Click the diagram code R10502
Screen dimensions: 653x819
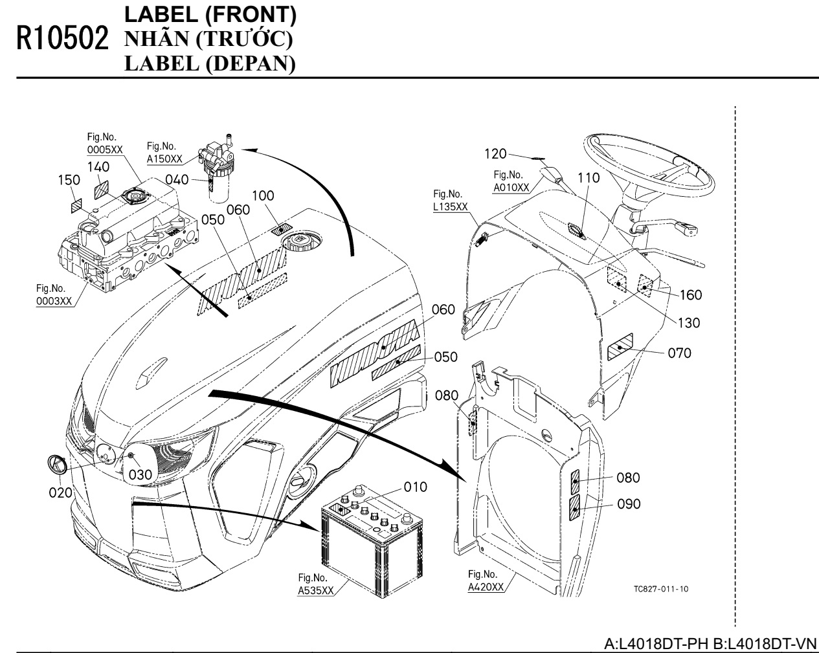(x=63, y=38)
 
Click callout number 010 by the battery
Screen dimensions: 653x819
(x=416, y=486)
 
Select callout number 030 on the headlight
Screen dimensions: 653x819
(x=140, y=474)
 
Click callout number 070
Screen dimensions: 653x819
(x=679, y=353)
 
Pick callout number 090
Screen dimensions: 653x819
(x=628, y=504)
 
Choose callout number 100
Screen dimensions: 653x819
(x=263, y=195)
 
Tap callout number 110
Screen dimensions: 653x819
(x=589, y=177)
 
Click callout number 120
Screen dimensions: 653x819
(x=495, y=153)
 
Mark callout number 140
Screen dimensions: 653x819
(x=98, y=167)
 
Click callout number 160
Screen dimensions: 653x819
(x=690, y=295)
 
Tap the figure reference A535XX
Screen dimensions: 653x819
(x=316, y=590)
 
